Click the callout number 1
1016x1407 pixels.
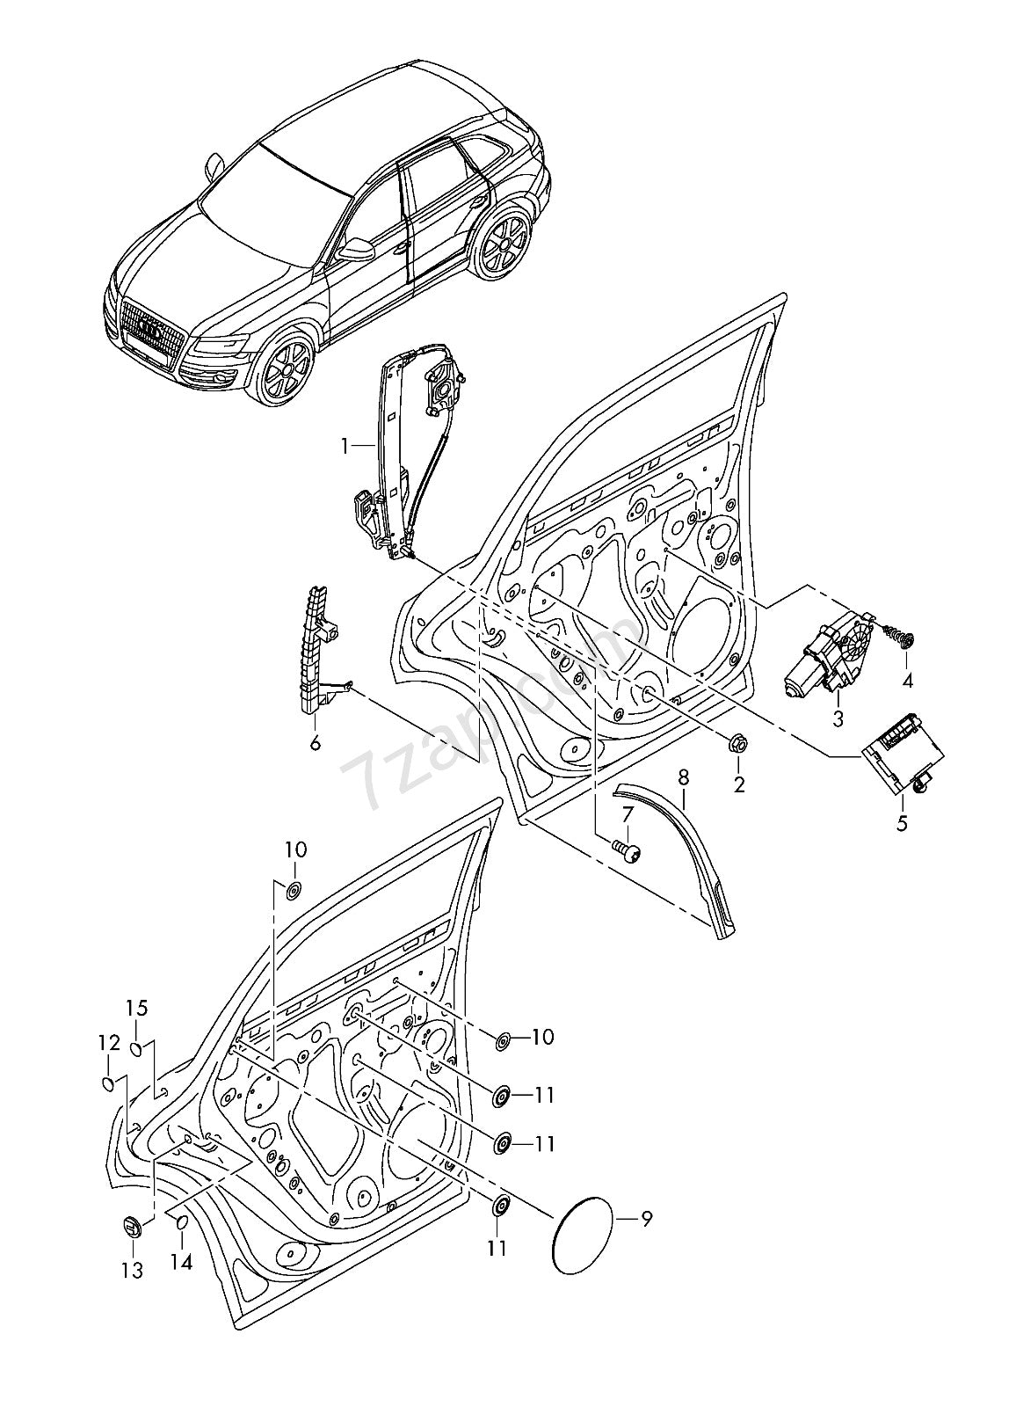pyautogui.click(x=346, y=447)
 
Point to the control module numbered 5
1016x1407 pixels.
pyautogui.click(x=904, y=753)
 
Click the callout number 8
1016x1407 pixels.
pyautogui.click(x=684, y=776)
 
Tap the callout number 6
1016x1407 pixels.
pyautogui.click(x=315, y=743)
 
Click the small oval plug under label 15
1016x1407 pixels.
pyautogui.click(x=137, y=1047)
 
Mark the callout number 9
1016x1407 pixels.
pyautogui.click(x=646, y=1219)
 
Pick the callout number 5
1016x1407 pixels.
pyautogui.click(x=902, y=824)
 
